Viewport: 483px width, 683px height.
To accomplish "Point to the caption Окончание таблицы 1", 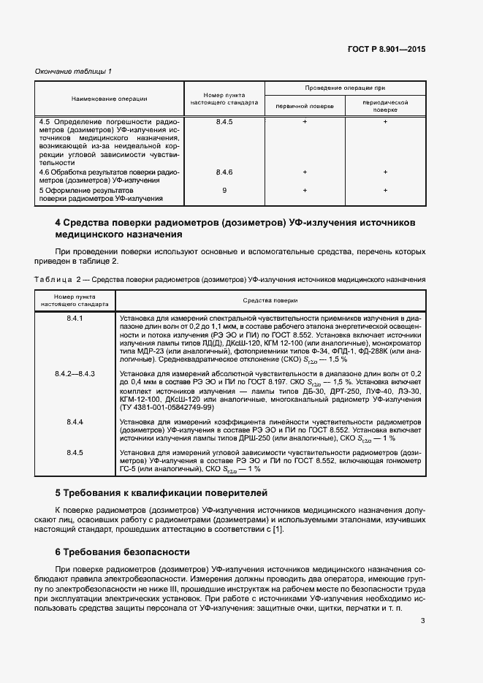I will (73, 71).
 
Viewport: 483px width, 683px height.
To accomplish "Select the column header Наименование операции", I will (110, 99).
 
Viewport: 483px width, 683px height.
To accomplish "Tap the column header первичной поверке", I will (305, 106).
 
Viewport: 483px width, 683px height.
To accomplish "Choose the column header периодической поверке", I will (385, 106).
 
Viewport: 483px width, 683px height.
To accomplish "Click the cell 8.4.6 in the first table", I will (224, 172).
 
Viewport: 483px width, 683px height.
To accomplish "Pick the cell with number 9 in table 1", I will (224, 190).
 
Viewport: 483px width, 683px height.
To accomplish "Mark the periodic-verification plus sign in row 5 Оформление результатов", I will (385, 190).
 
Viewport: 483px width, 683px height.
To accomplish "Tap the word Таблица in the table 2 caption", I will (53, 279).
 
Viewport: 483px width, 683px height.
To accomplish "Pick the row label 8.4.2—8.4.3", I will (75, 373).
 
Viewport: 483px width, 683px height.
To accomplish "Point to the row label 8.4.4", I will (75, 422).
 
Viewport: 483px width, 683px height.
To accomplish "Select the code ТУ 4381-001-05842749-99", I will (167, 406).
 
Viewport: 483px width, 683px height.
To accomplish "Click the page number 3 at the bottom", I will (423, 621).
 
